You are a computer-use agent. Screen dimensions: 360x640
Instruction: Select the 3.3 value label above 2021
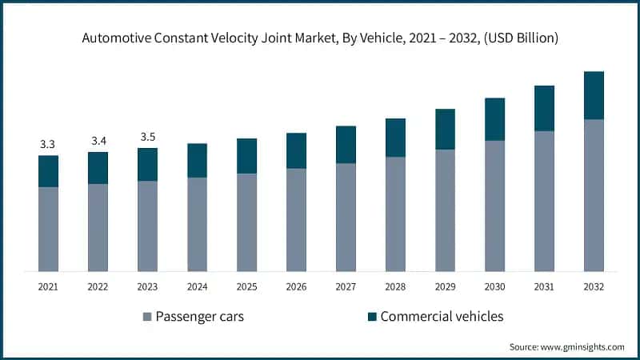(x=48, y=145)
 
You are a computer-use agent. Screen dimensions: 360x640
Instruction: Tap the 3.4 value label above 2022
(x=98, y=141)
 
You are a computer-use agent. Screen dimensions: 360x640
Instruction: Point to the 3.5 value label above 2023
(x=148, y=137)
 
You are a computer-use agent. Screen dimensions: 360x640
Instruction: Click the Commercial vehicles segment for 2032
(x=594, y=95)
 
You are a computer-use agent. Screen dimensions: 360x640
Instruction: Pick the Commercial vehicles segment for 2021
(x=48, y=171)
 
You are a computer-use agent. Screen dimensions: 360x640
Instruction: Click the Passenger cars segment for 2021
(x=48, y=229)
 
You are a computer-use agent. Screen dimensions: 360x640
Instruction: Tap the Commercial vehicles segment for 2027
(x=346, y=145)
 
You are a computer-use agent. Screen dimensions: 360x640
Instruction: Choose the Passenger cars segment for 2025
(x=246, y=222)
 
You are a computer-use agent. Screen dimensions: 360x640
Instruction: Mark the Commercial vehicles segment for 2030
(x=494, y=119)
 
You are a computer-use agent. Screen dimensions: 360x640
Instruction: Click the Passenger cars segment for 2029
(x=445, y=210)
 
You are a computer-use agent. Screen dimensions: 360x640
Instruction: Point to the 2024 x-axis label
(x=197, y=286)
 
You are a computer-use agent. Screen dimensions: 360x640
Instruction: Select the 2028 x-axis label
(x=395, y=286)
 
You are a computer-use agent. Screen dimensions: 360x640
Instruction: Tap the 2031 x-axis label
(x=544, y=286)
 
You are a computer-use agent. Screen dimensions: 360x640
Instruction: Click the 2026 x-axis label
(x=296, y=286)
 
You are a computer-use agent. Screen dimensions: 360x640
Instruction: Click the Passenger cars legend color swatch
(x=147, y=317)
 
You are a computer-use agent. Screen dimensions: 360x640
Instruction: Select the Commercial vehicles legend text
(x=442, y=316)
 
